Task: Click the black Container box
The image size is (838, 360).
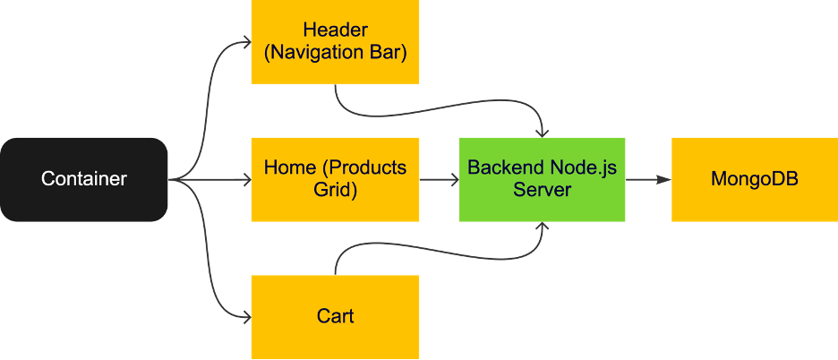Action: (84, 179)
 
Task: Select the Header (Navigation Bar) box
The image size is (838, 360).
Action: (335, 42)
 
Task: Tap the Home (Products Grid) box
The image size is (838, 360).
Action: (335, 179)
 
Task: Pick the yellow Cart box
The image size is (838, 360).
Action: (335, 316)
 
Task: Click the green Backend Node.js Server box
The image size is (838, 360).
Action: (542, 179)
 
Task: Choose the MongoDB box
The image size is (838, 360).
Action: (754, 179)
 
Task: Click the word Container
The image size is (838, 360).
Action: (84, 179)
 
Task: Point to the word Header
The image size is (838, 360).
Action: (335, 30)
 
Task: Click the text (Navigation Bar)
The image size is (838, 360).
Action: (335, 54)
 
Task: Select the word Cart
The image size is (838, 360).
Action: (335, 316)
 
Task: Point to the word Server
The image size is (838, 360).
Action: (542, 191)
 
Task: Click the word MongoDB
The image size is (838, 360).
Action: (754, 179)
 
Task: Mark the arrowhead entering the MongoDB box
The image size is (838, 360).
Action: (664, 180)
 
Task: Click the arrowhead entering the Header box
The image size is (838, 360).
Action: (244, 42)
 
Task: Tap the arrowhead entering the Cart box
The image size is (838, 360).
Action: (244, 316)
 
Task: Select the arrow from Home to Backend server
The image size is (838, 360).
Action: (439, 180)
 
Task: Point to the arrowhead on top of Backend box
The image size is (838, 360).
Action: (542, 132)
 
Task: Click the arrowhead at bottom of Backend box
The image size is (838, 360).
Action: (542, 227)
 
